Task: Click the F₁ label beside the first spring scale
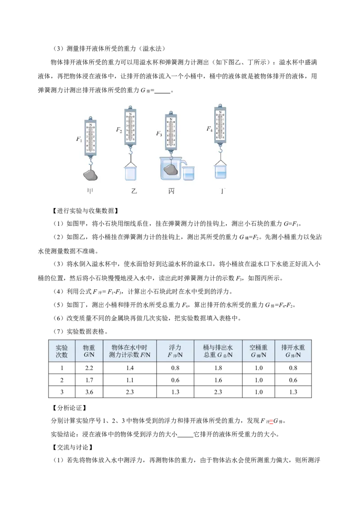(79, 139)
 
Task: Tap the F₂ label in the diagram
(119, 130)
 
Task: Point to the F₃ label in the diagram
(159, 134)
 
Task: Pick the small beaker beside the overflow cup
(189, 173)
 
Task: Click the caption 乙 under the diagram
(134, 191)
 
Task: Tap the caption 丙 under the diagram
(171, 191)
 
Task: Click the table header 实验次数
(62, 351)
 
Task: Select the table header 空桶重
(258, 347)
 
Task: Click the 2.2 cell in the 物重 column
(89, 368)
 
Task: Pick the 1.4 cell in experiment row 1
(130, 368)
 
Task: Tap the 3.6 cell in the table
(89, 392)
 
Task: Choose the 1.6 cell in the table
(218, 380)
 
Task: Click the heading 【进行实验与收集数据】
(85, 211)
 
